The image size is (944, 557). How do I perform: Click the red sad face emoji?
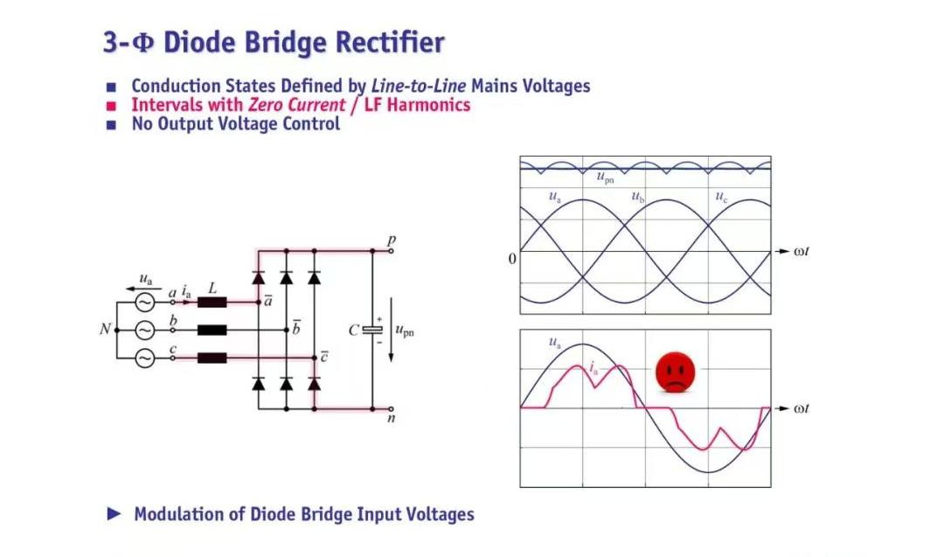click(676, 372)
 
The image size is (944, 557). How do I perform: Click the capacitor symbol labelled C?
click(373, 330)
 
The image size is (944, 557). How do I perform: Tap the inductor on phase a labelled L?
click(212, 303)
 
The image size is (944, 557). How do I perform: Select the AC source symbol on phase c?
click(143, 358)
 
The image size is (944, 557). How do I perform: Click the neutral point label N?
click(104, 331)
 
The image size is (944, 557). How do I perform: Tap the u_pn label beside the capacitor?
click(405, 331)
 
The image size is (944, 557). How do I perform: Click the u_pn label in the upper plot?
click(605, 178)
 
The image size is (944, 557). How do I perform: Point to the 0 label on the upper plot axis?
click(512, 259)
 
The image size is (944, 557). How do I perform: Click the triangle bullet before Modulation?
click(114, 513)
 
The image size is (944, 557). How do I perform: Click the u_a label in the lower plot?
click(555, 343)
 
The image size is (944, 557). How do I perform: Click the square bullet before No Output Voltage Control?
click(111, 124)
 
